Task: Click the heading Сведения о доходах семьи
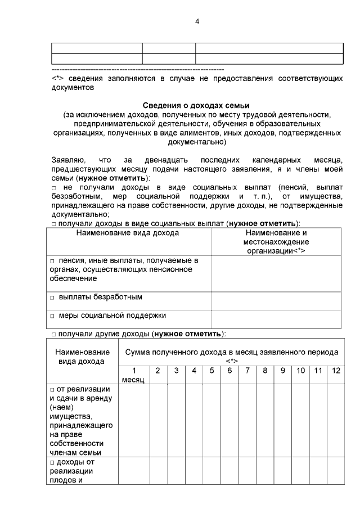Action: click(x=195, y=106)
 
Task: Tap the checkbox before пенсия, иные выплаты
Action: click(x=51, y=261)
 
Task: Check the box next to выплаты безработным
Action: click(x=51, y=297)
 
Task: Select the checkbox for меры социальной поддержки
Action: click(x=51, y=316)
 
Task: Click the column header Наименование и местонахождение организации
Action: click(x=276, y=241)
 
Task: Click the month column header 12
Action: click(x=336, y=371)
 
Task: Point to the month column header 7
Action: click(x=247, y=371)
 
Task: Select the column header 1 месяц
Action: click(x=133, y=375)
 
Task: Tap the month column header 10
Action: click(x=300, y=371)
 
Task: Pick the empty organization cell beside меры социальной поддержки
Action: click(x=276, y=318)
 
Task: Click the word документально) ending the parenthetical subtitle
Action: click(x=195, y=142)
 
